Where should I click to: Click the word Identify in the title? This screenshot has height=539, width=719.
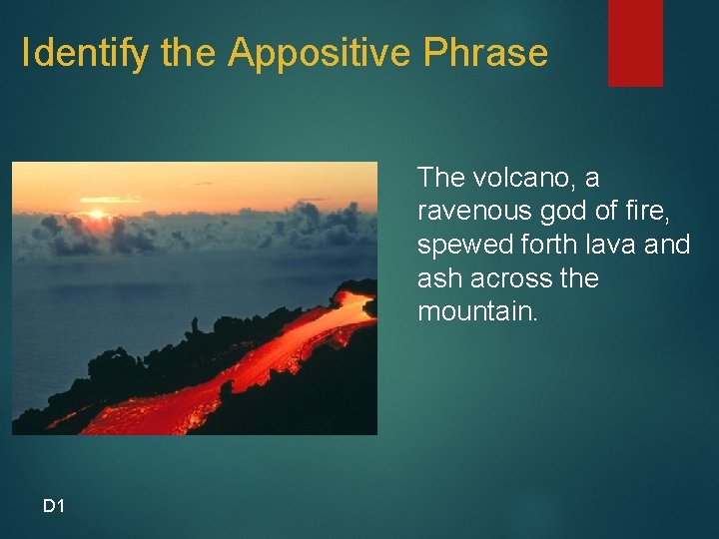click(87, 53)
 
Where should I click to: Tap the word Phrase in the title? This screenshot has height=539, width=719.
click(485, 53)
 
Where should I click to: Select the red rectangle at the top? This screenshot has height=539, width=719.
click(635, 42)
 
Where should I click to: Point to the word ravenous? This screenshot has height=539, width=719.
click(471, 212)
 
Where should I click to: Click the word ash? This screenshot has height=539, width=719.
click(438, 278)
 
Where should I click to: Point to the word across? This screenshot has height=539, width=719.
click(508, 278)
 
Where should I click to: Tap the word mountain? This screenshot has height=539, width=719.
click(475, 311)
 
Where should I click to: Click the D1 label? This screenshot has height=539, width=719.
click(54, 506)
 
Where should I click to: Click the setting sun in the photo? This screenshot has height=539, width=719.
click(97, 212)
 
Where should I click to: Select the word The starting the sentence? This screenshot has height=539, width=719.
click(441, 178)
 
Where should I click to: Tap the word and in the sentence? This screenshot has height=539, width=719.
click(668, 245)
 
